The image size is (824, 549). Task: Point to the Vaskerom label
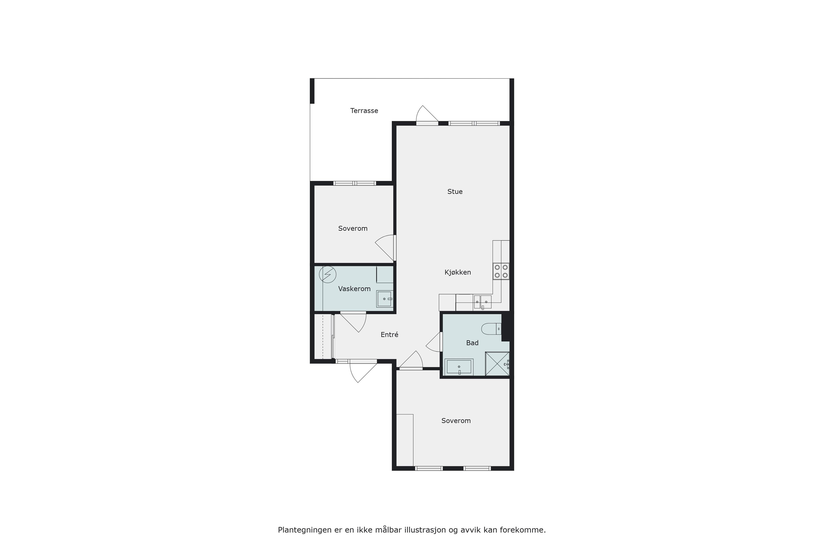pyautogui.click(x=354, y=289)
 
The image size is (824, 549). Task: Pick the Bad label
pyautogui.click(x=472, y=343)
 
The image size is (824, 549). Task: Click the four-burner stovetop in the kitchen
pyautogui.click(x=501, y=271)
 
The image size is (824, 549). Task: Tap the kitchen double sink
pyautogui.click(x=482, y=302)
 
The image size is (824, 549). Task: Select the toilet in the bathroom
pyautogui.click(x=492, y=329)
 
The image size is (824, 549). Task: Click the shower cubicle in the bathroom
pyautogui.click(x=497, y=364)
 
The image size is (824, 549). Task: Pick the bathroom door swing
pyautogui.click(x=434, y=342)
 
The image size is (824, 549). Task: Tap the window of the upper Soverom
pyautogui.click(x=354, y=183)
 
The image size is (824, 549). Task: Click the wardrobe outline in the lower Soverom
pyautogui.click(x=405, y=440)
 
